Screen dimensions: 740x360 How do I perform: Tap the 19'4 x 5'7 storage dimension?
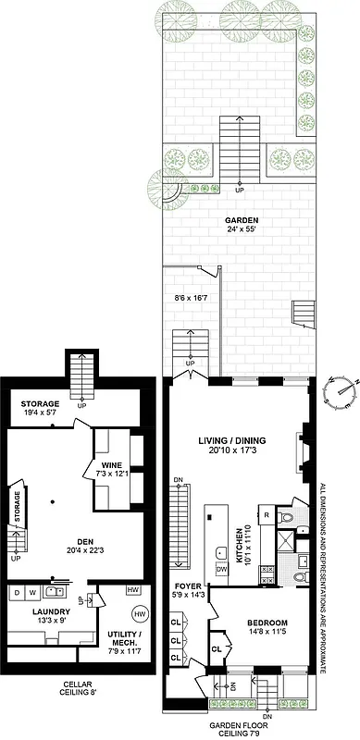pyautogui.click(x=40, y=415)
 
